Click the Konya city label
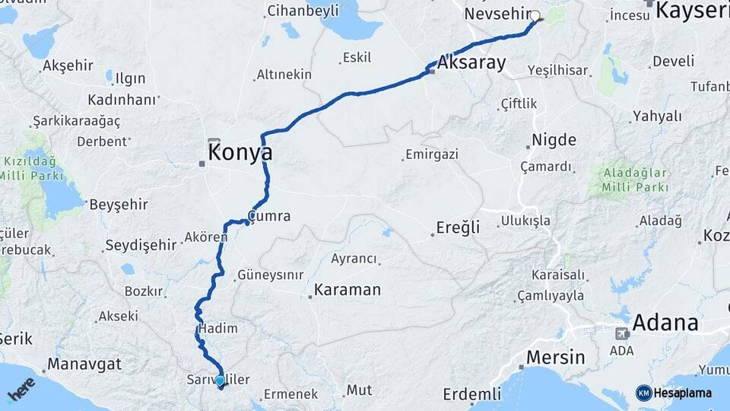(240, 152)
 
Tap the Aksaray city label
(471, 63)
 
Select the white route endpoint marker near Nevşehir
(535, 16)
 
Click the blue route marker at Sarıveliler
(220, 380)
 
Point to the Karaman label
(348, 290)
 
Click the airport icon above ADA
(622, 333)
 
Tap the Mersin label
(557, 357)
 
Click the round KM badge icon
(643, 393)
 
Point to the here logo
(21, 389)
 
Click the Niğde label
(554, 140)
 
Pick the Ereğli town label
(459, 228)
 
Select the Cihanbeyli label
(303, 11)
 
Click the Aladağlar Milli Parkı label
(633, 180)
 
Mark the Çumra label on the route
(270, 216)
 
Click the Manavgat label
(80, 364)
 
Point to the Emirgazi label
(432, 155)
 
